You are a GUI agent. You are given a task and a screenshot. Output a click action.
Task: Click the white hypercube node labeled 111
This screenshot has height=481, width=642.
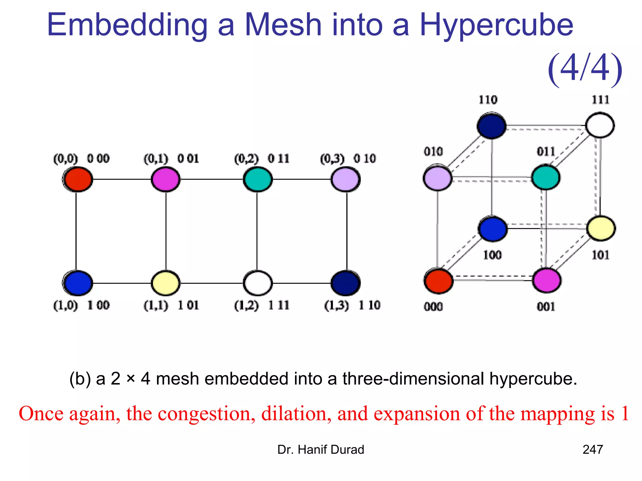coord(600,125)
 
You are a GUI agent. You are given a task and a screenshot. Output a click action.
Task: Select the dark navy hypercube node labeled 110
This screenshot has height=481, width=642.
coord(491,126)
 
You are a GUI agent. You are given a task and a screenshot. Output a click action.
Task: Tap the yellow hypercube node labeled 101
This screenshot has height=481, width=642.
coord(601,229)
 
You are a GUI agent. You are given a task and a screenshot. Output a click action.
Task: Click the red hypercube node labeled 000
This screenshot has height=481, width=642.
coord(438,281)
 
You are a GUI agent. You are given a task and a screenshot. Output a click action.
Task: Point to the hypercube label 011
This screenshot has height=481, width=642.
coord(546,152)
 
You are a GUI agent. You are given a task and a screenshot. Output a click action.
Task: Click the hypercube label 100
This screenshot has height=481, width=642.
coord(492,255)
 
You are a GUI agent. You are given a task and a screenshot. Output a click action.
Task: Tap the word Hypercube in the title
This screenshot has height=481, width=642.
coord(496,25)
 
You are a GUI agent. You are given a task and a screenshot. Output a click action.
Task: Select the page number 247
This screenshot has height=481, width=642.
coord(592,450)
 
